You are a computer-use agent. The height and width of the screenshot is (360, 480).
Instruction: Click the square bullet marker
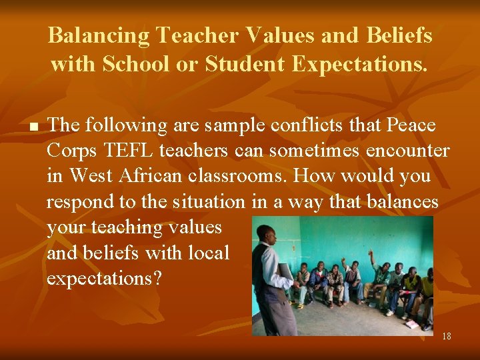pos(32,125)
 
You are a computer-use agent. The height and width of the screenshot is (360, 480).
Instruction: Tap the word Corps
pos(70,151)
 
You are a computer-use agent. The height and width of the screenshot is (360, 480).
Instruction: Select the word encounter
pos(409,151)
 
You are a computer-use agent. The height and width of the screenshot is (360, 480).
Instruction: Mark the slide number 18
pos(446,336)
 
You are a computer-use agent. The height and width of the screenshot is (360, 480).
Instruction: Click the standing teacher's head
pos(267,235)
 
